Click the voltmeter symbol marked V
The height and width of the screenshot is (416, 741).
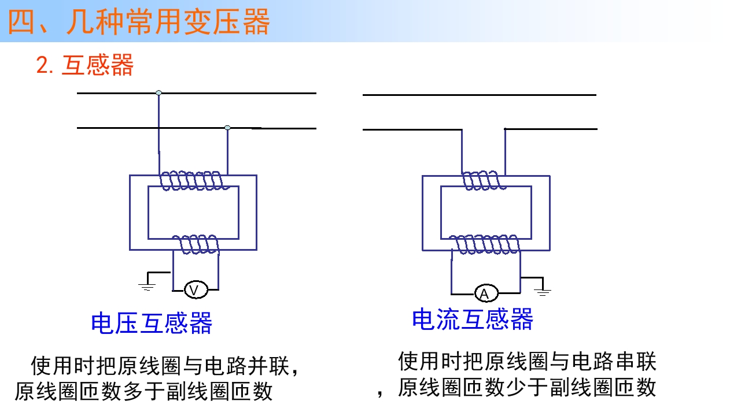[x=196, y=290]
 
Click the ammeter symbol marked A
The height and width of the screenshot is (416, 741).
[x=486, y=293]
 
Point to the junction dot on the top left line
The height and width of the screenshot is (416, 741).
[x=158, y=93]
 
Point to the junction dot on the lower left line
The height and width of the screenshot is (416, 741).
[x=227, y=128]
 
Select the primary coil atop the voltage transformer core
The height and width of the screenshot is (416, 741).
[x=194, y=181]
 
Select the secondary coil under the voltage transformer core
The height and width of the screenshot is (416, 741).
[x=196, y=244]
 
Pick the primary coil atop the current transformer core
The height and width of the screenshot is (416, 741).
[x=484, y=180]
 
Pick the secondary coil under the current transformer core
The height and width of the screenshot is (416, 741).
[x=485, y=244]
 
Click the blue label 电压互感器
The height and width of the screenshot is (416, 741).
[x=152, y=323]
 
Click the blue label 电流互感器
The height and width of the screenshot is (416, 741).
[x=473, y=319]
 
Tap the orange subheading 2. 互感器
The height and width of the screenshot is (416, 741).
[x=84, y=65]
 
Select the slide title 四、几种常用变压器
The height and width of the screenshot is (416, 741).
[x=139, y=22]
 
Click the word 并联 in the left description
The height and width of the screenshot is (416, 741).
[x=268, y=366]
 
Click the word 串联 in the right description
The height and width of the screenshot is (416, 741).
[x=636, y=362]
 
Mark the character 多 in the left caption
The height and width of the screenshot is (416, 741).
[x=134, y=391]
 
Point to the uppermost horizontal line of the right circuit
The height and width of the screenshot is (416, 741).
[x=480, y=95]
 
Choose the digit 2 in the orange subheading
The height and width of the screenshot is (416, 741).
[x=42, y=65]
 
